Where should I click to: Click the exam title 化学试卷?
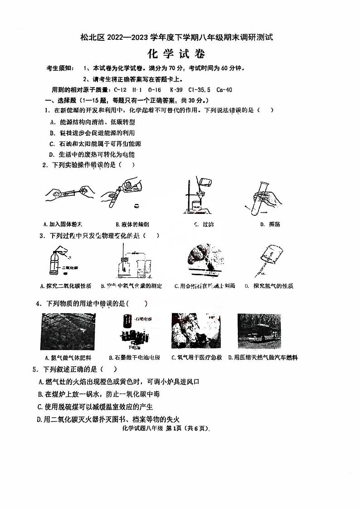(x=176, y=54)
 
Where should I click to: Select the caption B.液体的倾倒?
(x=132, y=224)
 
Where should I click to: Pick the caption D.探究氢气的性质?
(x=268, y=286)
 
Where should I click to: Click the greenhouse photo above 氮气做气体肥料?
(x=65, y=331)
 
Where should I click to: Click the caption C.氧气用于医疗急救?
(x=196, y=358)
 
